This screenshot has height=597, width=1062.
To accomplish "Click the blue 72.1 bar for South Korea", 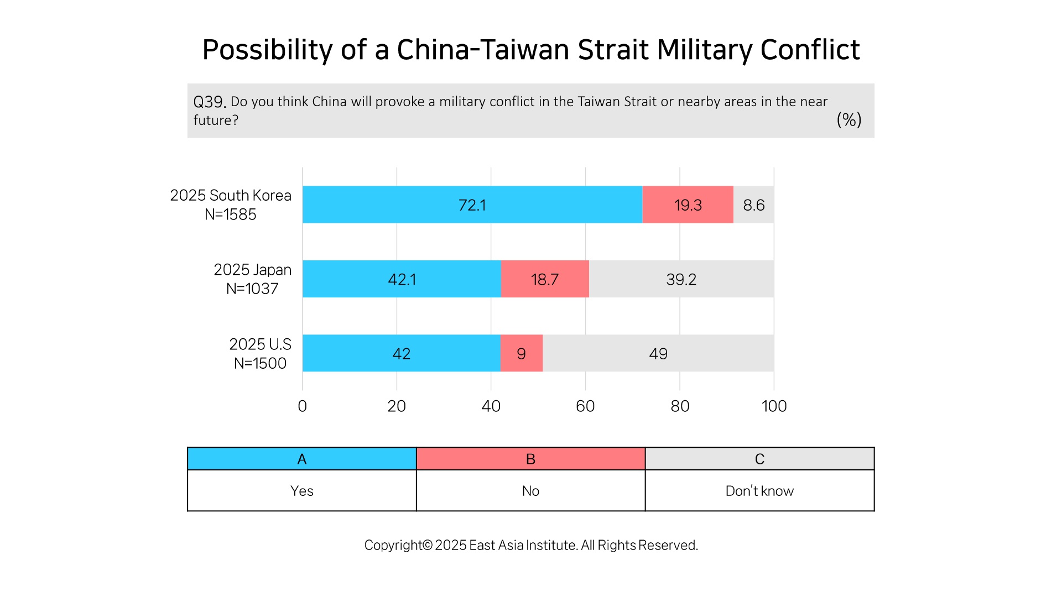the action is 472,205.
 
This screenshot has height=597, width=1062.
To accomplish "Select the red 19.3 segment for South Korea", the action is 688,205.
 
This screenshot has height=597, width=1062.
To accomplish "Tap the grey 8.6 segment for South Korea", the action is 754,205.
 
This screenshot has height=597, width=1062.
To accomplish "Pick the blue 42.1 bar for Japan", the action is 402,279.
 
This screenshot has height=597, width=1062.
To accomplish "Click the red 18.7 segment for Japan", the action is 545,279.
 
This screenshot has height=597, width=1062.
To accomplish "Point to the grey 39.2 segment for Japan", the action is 681,279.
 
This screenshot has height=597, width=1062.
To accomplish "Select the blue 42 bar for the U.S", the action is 402,353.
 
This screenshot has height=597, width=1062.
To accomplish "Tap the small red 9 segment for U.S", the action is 522,353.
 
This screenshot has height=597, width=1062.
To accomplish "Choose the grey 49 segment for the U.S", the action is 659,353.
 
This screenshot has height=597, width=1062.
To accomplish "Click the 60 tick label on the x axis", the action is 585,406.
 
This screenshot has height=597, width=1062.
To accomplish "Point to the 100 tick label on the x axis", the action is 774,406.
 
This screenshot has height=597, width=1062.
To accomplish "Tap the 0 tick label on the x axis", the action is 302,406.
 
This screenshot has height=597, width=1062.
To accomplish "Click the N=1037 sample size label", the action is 252,289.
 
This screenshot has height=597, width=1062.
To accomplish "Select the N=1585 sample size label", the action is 231,214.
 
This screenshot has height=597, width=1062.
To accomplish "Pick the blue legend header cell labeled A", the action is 302,459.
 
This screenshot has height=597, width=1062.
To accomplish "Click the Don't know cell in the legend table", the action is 759,491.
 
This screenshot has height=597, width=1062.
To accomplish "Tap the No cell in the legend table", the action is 530,491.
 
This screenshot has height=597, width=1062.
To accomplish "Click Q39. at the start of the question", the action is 210,102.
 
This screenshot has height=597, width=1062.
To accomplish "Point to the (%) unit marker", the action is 849,120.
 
